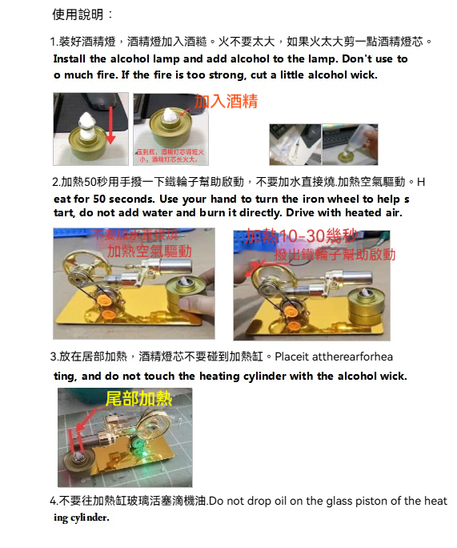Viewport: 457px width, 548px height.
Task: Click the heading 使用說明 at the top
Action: click(82, 14)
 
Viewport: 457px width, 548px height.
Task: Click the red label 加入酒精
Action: click(226, 101)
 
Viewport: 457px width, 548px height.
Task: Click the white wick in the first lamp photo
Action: click(86, 122)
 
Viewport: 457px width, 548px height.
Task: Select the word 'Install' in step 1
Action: click(70, 59)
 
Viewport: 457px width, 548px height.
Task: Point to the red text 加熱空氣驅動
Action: click(150, 251)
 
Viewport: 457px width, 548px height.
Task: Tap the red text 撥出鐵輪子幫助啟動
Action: click(335, 255)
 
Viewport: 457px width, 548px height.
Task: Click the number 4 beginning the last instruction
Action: click(53, 502)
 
